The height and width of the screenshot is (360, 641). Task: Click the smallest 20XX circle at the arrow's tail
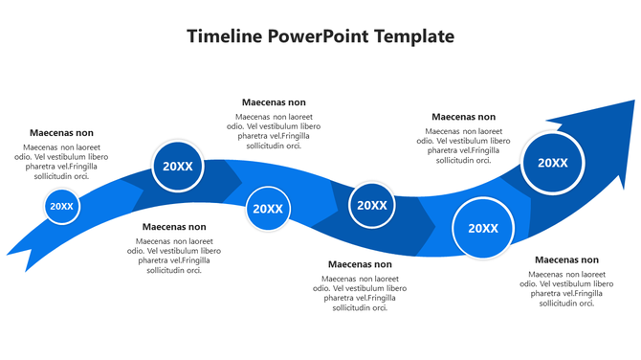[62, 206]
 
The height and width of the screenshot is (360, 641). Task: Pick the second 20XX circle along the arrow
[178, 167]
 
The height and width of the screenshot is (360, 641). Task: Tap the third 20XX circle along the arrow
[267, 209]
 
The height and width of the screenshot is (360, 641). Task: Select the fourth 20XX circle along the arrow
[371, 205]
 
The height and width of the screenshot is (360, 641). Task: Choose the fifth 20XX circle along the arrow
[482, 228]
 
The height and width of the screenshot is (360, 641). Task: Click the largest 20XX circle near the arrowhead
[552, 163]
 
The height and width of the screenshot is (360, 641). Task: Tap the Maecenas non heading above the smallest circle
[62, 133]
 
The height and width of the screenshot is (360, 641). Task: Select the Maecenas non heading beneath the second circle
[173, 227]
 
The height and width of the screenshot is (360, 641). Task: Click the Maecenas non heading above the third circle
[274, 101]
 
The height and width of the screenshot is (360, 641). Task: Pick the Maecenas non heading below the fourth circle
[360, 264]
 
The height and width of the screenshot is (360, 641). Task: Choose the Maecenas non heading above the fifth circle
[463, 117]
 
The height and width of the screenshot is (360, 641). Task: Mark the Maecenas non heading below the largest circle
[566, 259]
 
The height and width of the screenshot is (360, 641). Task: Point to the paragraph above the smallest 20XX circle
[62, 161]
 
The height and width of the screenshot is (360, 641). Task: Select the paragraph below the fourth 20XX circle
[360, 293]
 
